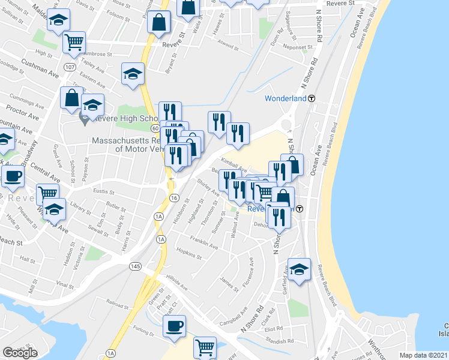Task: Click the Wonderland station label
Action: click(x=286, y=98)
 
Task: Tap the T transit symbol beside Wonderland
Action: click(x=312, y=98)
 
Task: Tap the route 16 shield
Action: click(x=173, y=197)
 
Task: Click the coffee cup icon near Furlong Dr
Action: click(x=174, y=326)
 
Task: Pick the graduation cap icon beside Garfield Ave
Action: click(x=298, y=269)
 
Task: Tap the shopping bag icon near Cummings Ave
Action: click(x=71, y=98)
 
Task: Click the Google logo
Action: click(x=20, y=353)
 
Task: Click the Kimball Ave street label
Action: click(x=234, y=163)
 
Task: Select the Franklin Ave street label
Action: click(x=203, y=243)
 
